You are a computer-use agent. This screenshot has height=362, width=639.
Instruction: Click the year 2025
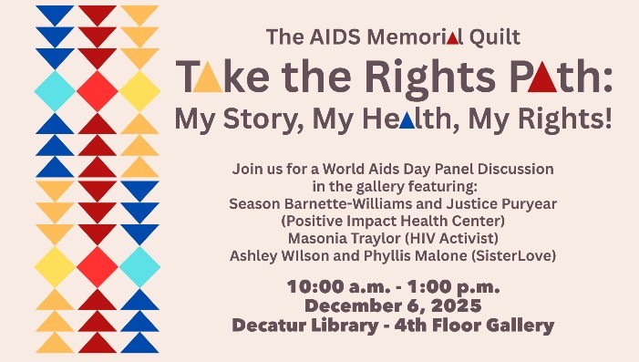[456, 305]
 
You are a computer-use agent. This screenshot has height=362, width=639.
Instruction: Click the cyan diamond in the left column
[55, 90]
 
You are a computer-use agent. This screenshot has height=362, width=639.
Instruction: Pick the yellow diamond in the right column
[139, 90]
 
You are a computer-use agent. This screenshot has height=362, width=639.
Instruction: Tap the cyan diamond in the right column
[139, 266]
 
